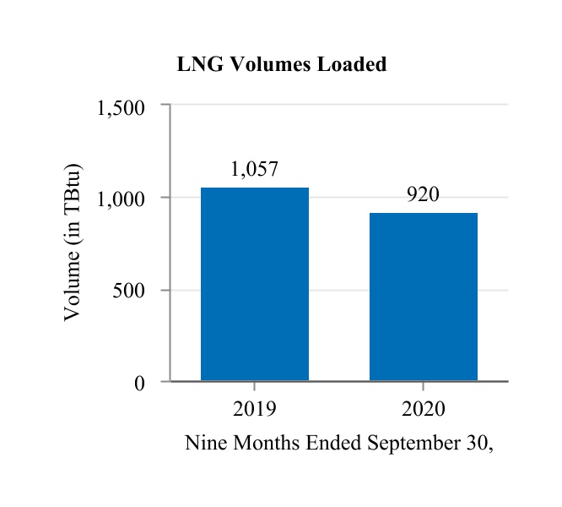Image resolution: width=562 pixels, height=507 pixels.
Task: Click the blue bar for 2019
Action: (x=254, y=284)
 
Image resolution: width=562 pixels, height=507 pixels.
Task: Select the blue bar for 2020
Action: (x=423, y=297)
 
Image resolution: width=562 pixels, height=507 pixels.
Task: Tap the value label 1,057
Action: (x=254, y=170)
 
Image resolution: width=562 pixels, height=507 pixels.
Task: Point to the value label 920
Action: (x=423, y=195)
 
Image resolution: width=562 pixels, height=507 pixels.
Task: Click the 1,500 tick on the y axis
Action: (x=122, y=107)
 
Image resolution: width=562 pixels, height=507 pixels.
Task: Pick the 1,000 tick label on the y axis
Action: (x=122, y=199)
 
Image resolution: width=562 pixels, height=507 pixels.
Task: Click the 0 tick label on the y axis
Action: (x=140, y=384)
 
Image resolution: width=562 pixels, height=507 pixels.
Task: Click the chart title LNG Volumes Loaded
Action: (x=281, y=65)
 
